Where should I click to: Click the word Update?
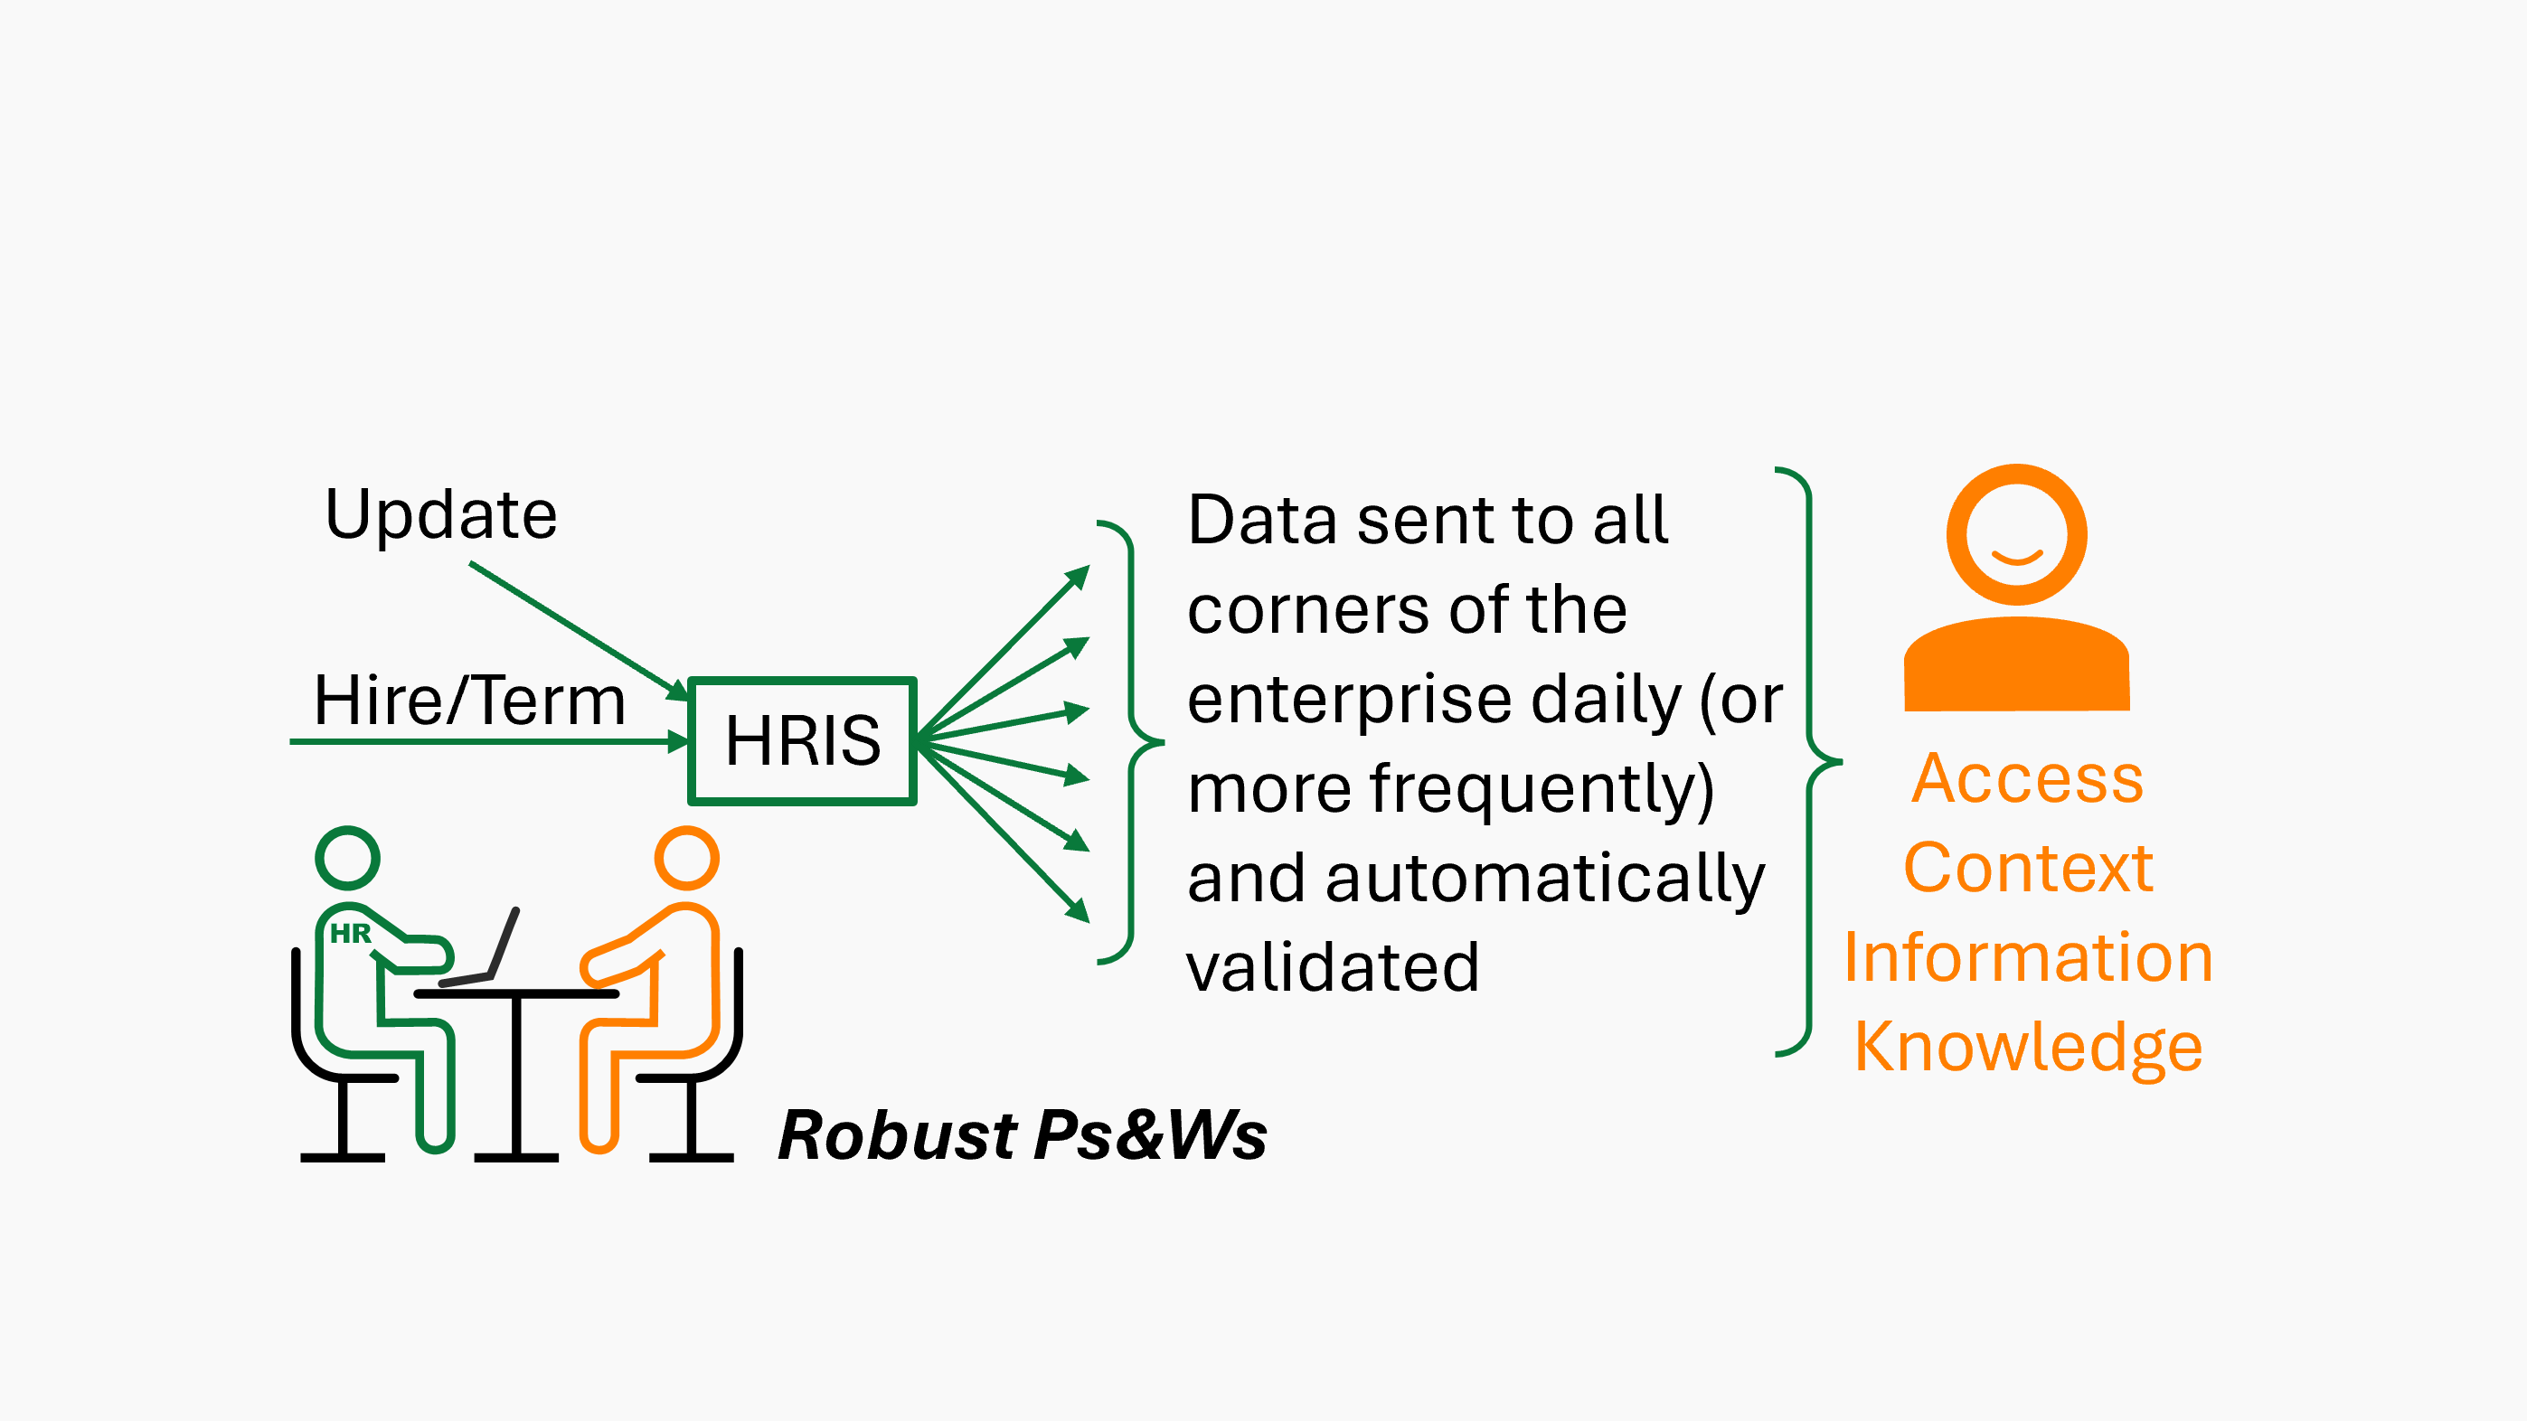pos(440,515)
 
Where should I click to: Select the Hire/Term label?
pos(469,701)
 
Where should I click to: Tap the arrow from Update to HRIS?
pos(579,628)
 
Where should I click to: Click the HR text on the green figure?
pos(350,933)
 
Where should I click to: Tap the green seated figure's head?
pos(347,858)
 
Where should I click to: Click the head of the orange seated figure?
pos(687,858)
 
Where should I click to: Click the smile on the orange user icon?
pos(2017,559)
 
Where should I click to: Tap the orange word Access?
pos(2028,778)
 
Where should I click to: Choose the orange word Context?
pos(2028,868)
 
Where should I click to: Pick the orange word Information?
pos(2028,957)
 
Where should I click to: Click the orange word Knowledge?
pos(2028,1048)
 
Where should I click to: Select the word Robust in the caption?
pos(897,1135)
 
